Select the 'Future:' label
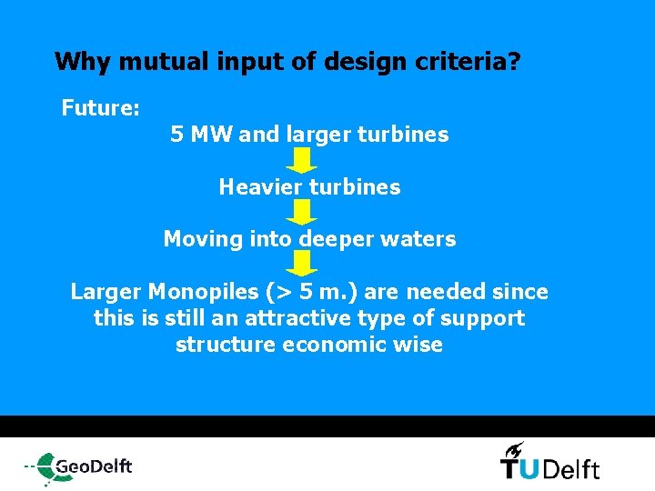pyautogui.click(x=100, y=109)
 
